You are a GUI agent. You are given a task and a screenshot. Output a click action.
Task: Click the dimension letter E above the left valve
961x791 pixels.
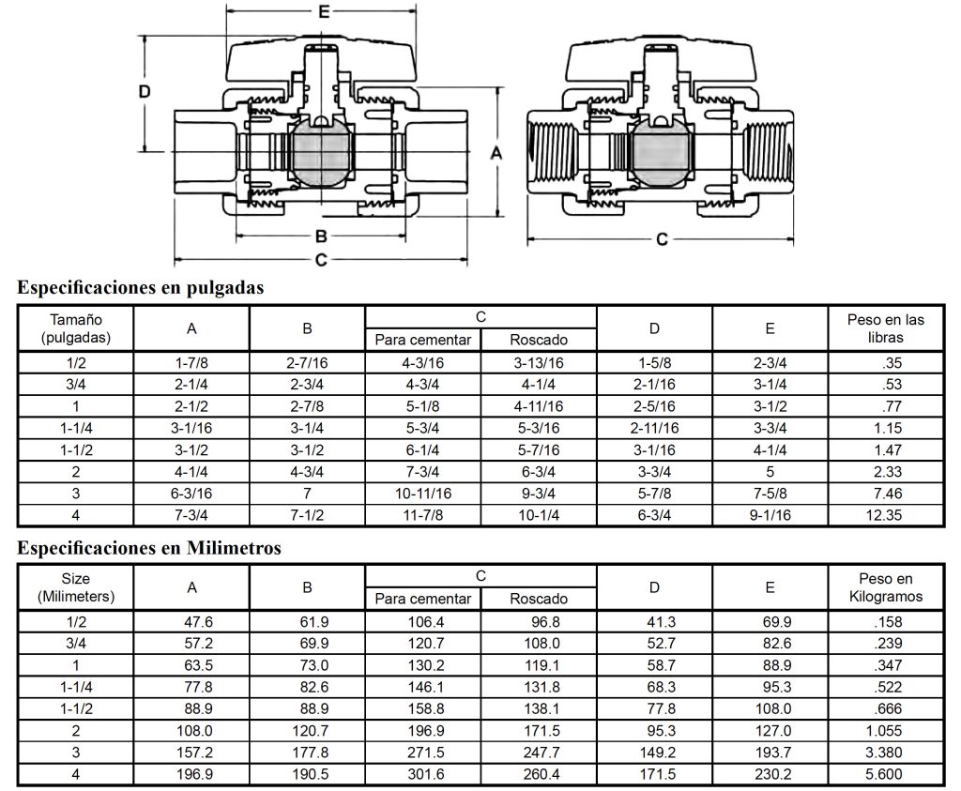click(x=323, y=12)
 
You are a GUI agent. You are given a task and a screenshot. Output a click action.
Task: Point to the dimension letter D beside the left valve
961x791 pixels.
click(x=145, y=92)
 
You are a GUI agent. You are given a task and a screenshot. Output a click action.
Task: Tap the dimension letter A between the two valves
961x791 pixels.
click(x=497, y=152)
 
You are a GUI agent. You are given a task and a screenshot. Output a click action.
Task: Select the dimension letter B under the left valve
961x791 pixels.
click(x=320, y=236)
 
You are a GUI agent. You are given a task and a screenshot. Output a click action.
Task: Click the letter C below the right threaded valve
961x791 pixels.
click(x=662, y=239)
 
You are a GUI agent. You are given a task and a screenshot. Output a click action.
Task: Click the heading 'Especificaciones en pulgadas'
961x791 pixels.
click(x=141, y=288)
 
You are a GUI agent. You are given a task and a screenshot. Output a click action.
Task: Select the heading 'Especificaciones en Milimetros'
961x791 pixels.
click(x=149, y=548)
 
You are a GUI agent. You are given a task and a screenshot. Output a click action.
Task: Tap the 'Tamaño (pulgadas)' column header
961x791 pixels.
click(x=77, y=327)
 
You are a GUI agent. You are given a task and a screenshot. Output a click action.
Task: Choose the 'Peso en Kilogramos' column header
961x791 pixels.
click(x=885, y=587)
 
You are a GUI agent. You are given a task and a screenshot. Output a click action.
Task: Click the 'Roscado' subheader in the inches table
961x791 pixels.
click(x=538, y=340)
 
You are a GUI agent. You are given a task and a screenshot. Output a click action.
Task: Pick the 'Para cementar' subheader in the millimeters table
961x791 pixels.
click(x=422, y=599)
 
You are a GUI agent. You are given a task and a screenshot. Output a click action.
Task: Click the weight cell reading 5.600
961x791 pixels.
click(x=885, y=774)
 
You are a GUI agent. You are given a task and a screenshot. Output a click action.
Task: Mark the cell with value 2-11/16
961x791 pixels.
click(x=654, y=429)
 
